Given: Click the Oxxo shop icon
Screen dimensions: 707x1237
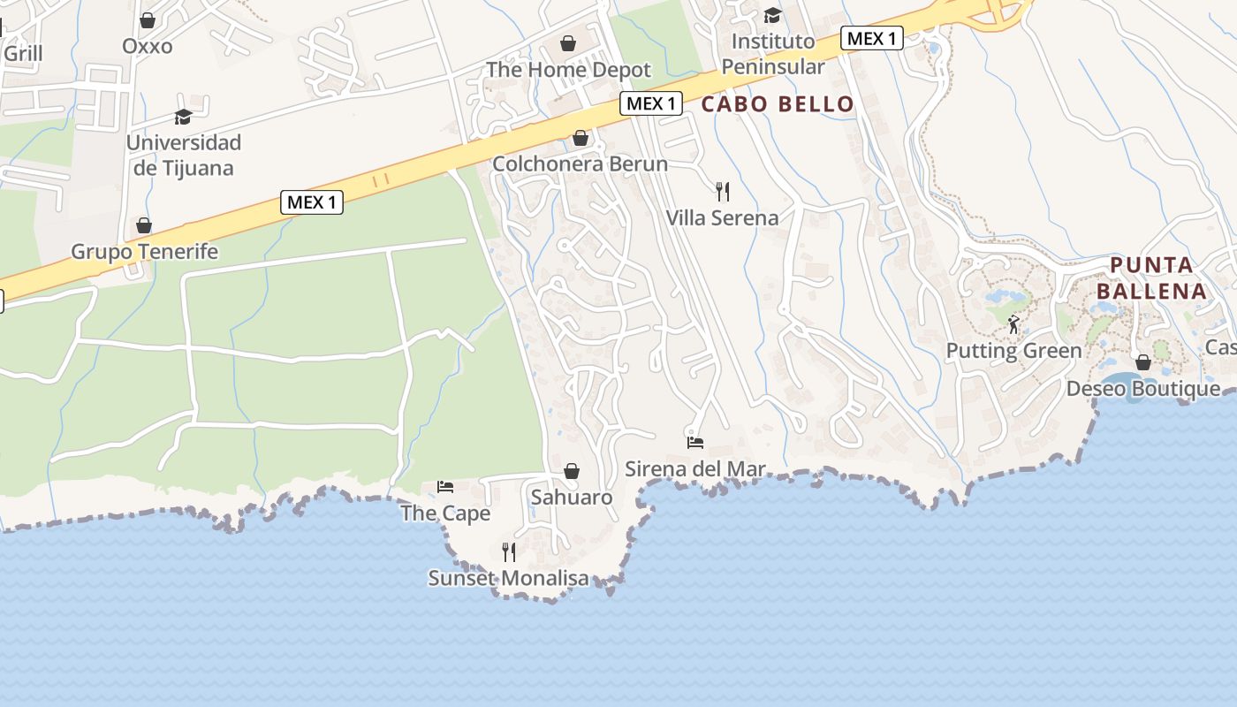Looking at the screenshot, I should pyautogui.click(x=148, y=20).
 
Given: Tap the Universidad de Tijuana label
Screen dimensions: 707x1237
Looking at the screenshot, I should pyautogui.click(x=183, y=155).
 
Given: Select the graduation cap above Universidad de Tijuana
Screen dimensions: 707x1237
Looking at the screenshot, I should pyautogui.click(x=183, y=117).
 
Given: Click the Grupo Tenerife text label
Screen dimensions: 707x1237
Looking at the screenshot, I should pyautogui.click(x=144, y=252).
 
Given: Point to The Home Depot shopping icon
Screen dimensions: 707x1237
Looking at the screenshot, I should pyautogui.click(x=568, y=43).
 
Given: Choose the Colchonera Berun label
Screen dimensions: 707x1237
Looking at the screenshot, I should pyautogui.click(x=580, y=163).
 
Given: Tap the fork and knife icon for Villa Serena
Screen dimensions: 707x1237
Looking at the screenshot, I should pyautogui.click(x=723, y=191).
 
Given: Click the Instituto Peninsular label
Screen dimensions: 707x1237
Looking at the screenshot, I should pyautogui.click(x=773, y=54).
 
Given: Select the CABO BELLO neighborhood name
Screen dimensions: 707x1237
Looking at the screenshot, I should pyautogui.click(x=778, y=104).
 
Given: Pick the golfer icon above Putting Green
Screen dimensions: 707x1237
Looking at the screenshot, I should pyautogui.click(x=1013, y=324).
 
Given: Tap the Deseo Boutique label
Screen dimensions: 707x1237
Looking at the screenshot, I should pyautogui.click(x=1143, y=389).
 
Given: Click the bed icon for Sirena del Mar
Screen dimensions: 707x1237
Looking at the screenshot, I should pyautogui.click(x=695, y=442).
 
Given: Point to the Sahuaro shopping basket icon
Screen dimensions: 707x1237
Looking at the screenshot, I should pyautogui.click(x=572, y=471).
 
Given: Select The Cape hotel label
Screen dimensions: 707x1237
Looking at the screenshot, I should pyautogui.click(x=445, y=513).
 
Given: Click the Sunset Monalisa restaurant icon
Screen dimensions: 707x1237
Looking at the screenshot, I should pyautogui.click(x=509, y=552).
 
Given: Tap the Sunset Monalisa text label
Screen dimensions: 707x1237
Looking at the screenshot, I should pyautogui.click(x=508, y=578).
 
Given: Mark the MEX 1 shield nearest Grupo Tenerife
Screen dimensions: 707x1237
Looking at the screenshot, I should pyautogui.click(x=312, y=202).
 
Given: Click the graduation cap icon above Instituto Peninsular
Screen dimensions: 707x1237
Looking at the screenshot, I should pyautogui.click(x=772, y=15).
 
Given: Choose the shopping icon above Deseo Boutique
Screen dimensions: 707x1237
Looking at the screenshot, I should pyautogui.click(x=1143, y=362).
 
